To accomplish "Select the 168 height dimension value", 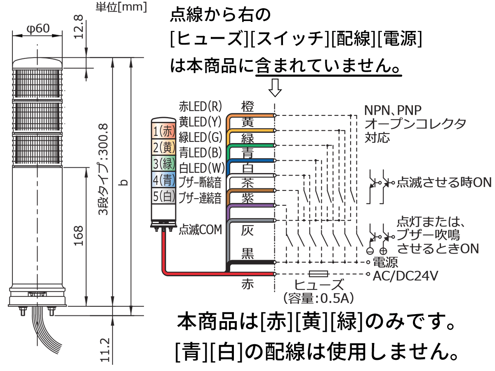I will [x=79, y=235].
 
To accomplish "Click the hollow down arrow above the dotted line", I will [x=275, y=87].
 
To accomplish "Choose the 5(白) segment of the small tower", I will [x=164, y=195].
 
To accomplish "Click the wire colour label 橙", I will [x=247, y=106].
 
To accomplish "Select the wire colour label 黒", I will [x=247, y=254].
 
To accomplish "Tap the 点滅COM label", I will [x=200, y=230].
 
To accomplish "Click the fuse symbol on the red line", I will [x=318, y=274].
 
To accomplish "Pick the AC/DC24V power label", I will [x=405, y=276].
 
